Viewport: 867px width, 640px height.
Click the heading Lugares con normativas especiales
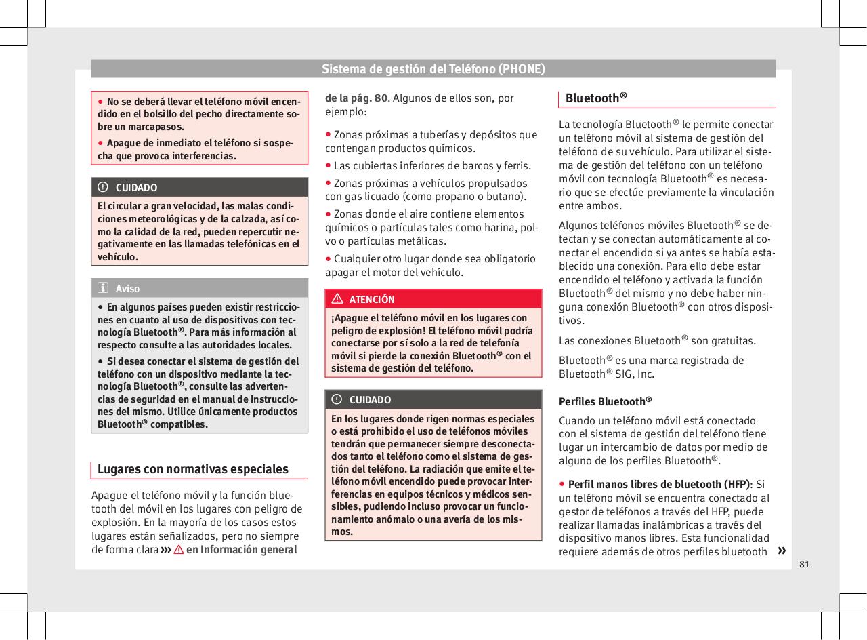tap(193, 469)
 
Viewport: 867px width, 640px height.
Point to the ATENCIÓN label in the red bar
tap(372, 299)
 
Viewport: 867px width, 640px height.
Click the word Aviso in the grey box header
tap(127, 288)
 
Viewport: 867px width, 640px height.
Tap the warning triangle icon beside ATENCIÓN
tap(337, 299)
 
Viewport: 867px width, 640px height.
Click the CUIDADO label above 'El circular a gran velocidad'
tap(136, 187)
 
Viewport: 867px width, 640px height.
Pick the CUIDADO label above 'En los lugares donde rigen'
tap(370, 399)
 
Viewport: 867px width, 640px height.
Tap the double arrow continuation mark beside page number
tap(783, 550)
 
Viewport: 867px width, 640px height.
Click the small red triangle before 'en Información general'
tap(179, 550)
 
